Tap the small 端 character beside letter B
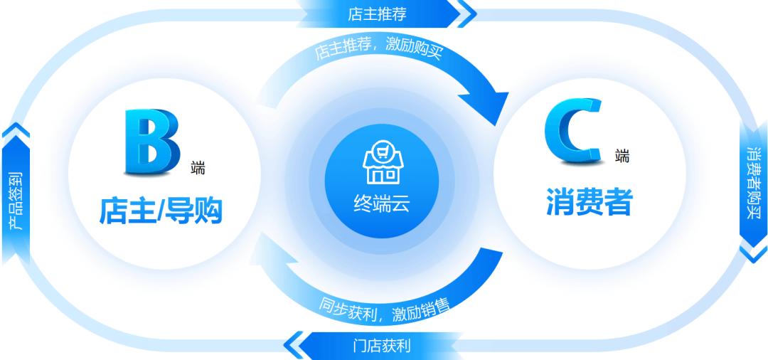(198, 169)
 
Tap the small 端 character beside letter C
(622, 156)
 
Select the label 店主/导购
(161, 211)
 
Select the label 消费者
(589, 201)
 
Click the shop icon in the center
(383, 162)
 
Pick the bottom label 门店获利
(382, 346)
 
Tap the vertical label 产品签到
(16, 201)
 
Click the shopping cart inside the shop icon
(383, 151)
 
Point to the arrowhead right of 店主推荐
(466, 13)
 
